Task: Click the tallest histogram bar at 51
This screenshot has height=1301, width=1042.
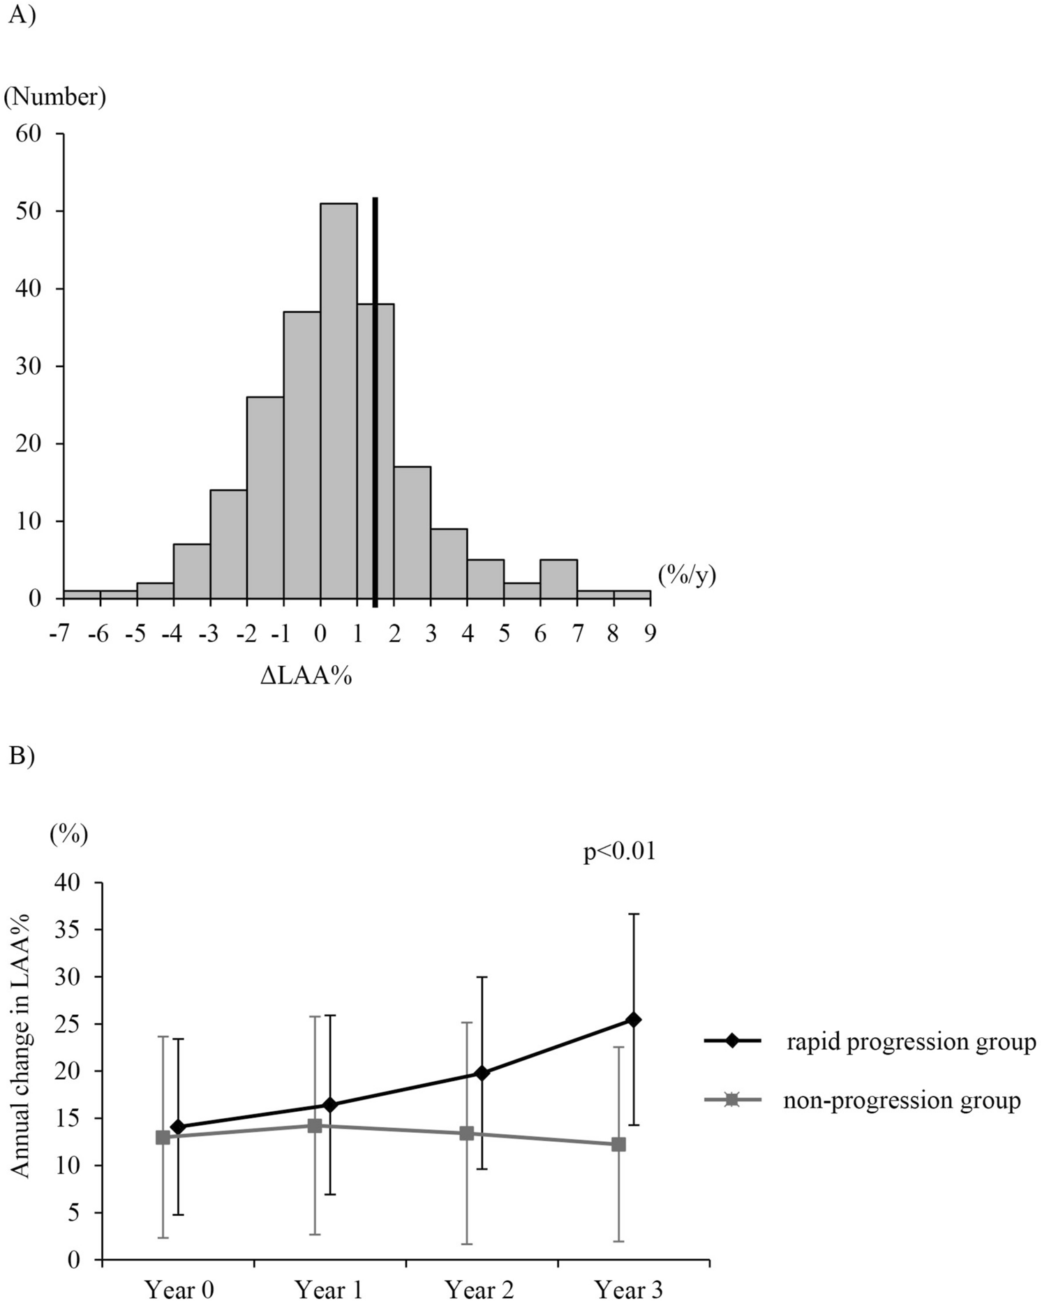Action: [x=338, y=401]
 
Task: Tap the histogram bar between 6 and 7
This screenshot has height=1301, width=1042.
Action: [x=558, y=579]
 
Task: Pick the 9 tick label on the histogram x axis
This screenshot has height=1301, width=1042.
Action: [x=650, y=633]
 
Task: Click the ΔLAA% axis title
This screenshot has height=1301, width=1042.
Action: [x=306, y=676]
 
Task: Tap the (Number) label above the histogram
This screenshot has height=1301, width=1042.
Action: [x=55, y=97]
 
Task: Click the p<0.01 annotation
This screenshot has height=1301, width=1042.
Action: [x=620, y=852]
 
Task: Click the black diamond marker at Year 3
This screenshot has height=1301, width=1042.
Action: [x=634, y=1020]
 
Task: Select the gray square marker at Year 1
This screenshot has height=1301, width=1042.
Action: [x=315, y=1126]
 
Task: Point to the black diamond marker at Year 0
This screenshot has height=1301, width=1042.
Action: [x=177, y=1127]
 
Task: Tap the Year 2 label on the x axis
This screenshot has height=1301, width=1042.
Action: [x=479, y=1289]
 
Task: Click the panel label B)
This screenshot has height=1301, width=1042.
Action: [x=21, y=757]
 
